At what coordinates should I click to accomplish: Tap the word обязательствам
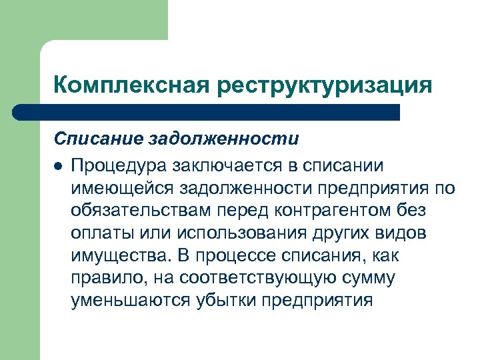click(x=140, y=210)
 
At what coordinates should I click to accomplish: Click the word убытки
click(x=229, y=301)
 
